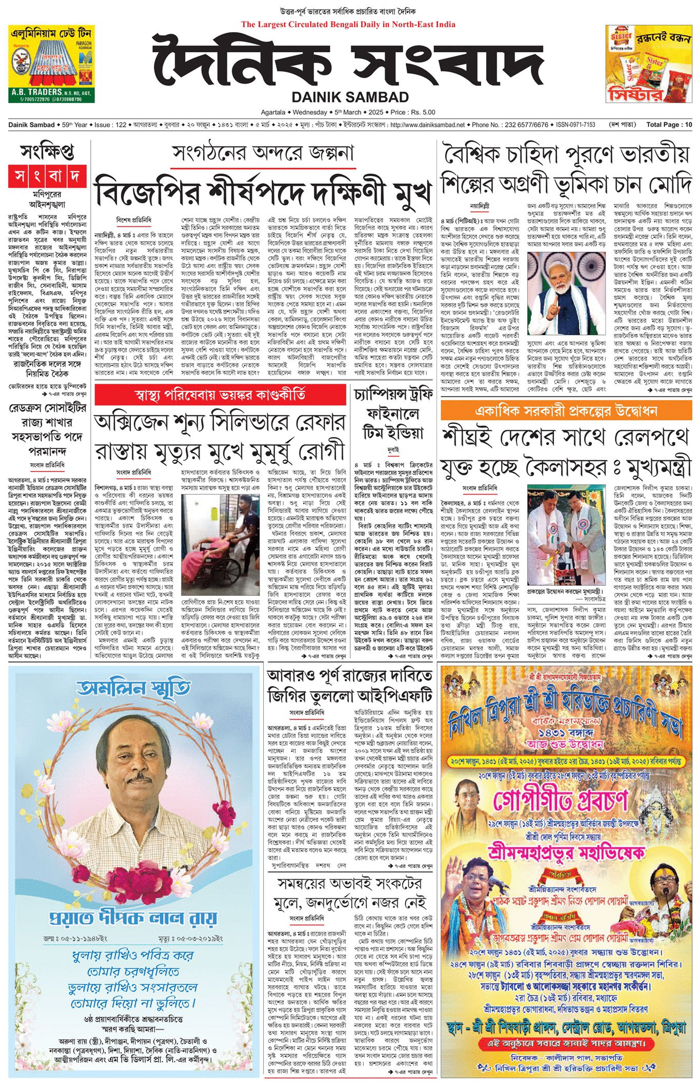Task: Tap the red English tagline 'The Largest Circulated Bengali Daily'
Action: (x=348, y=25)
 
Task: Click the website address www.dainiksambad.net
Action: (x=427, y=125)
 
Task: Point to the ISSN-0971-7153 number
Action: (x=575, y=125)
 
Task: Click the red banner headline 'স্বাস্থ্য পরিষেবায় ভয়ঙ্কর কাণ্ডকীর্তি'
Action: (x=220, y=395)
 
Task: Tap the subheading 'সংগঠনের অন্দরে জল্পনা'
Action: (x=263, y=153)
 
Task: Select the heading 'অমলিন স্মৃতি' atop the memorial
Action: (x=133, y=689)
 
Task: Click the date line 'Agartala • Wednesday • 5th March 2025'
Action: (x=348, y=112)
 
